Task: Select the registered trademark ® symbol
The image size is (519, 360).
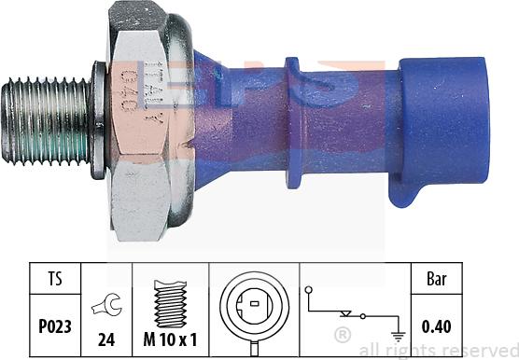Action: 343,333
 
